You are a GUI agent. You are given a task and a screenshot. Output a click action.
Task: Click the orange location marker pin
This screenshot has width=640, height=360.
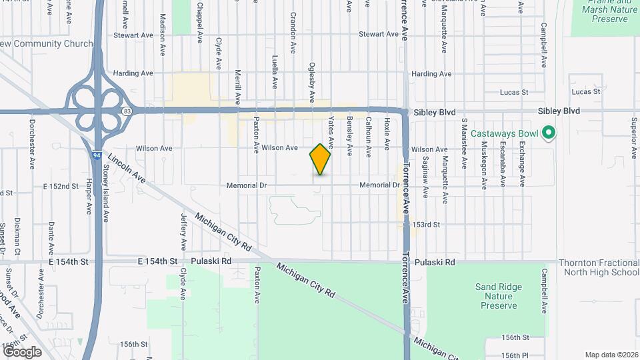[320, 159]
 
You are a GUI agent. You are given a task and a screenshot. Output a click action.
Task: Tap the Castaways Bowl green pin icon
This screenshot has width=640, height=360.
[548, 133]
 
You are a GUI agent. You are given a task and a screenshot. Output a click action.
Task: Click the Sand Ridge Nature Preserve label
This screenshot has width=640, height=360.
[497, 296]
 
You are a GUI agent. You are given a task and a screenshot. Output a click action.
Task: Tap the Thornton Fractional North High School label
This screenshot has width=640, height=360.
[598, 267]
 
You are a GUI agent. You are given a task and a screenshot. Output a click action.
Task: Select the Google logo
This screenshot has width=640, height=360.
[22, 352]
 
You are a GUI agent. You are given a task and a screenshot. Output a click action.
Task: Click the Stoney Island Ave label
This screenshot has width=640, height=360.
[106, 193]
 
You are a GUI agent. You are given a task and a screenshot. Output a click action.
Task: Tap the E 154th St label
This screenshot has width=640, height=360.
[69, 262]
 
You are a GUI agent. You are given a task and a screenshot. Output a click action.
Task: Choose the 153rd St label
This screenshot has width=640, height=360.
[427, 225]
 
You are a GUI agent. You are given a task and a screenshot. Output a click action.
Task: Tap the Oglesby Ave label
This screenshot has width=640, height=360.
[311, 83]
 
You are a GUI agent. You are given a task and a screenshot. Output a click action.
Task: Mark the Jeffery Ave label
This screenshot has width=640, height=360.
[183, 228]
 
